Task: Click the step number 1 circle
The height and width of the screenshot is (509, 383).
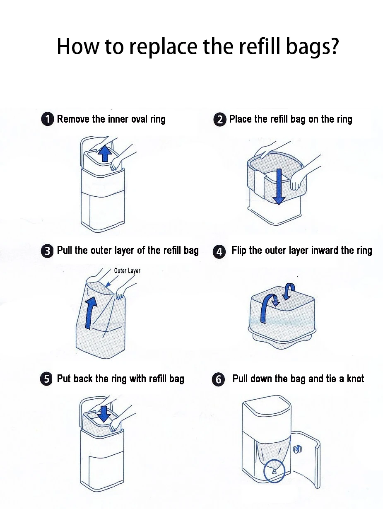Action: coord(48,119)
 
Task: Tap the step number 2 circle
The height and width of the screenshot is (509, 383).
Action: coord(219,120)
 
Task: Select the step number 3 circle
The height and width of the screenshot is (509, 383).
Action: coord(47,251)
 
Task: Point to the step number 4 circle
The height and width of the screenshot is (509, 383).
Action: coord(219,252)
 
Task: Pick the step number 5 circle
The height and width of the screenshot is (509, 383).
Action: coord(46,379)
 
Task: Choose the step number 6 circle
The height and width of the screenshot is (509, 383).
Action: coord(218,380)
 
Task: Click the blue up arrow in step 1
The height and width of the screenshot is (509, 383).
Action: coord(105,153)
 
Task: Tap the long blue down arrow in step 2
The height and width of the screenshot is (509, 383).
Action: coord(279,187)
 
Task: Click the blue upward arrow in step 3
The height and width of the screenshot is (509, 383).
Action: coord(89,313)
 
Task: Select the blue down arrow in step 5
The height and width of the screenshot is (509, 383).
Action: coord(104,414)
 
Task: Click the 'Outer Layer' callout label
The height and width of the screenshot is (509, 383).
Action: coord(127,270)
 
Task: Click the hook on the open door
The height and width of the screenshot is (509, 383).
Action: coord(297,449)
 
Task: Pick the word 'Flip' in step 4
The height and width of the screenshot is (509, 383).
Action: coord(239,251)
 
